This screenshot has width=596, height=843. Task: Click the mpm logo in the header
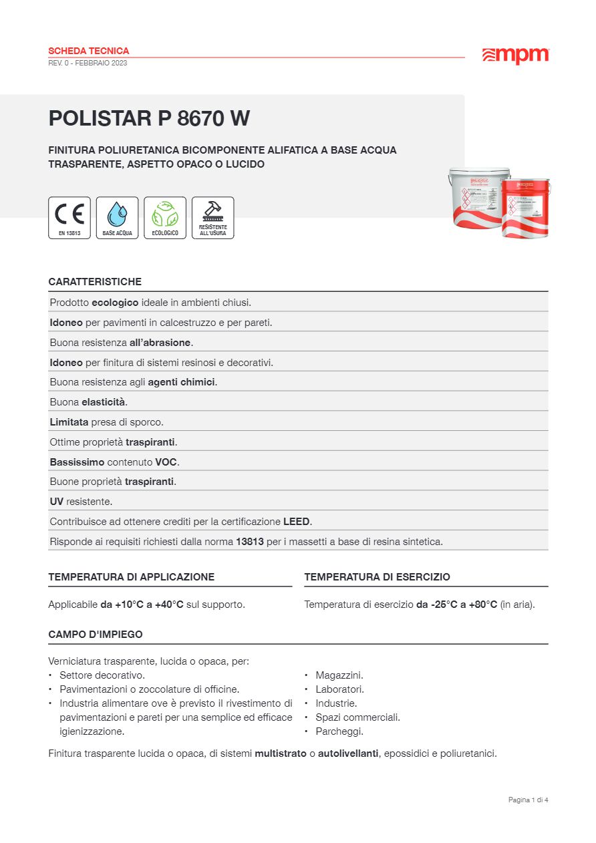[x=515, y=56]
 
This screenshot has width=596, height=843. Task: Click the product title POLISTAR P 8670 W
[x=149, y=118]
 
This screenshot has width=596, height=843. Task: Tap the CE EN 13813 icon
[x=69, y=218]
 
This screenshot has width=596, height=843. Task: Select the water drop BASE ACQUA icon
[x=117, y=218]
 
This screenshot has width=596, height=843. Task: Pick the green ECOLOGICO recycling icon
[x=165, y=218]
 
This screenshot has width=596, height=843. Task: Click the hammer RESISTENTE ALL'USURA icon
[x=212, y=218]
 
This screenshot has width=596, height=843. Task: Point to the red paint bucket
[x=526, y=208]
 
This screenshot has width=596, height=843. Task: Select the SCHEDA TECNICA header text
[x=89, y=51]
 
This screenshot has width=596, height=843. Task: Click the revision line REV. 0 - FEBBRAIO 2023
[x=88, y=63]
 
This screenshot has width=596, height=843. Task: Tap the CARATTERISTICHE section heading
[x=95, y=282]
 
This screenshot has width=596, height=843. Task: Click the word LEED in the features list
[x=297, y=522]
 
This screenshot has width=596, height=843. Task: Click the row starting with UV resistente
[x=81, y=502]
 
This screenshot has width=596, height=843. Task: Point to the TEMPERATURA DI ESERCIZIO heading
[x=377, y=577]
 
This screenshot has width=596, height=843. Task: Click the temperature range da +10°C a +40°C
[x=142, y=605]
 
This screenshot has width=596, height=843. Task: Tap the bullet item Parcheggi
[x=339, y=731]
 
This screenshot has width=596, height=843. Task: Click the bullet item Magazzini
[x=339, y=675]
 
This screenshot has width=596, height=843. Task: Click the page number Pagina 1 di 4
[x=528, y=800]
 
